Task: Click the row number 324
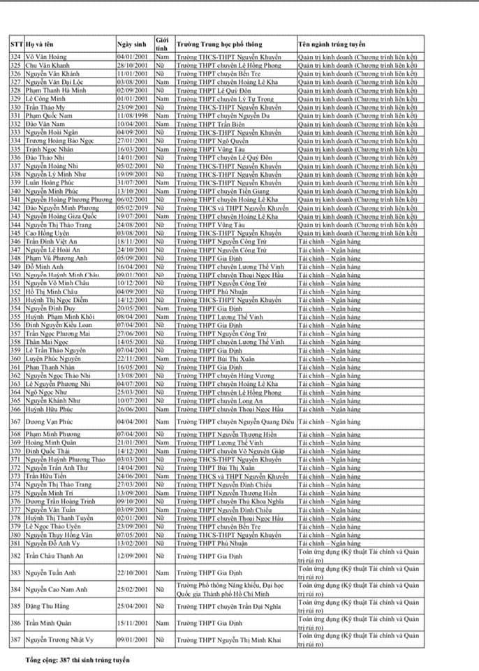(x=15, y=56)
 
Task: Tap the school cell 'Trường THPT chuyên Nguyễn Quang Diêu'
(x=235, y=421)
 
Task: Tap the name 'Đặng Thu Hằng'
(x=48, y=606)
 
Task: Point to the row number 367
(x=15, y=421)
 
